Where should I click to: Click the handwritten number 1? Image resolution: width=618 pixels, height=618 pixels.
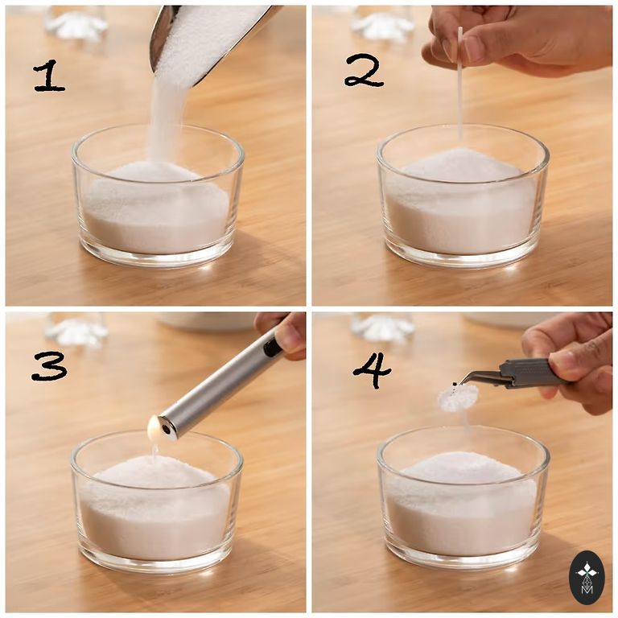pos(49,76)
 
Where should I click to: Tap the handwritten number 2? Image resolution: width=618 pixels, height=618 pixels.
pos(364,70)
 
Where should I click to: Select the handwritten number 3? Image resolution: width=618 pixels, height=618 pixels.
pos(49,367)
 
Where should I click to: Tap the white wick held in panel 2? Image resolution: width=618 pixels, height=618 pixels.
pos(460,83)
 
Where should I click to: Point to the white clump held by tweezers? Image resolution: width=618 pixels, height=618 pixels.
pos(458,395)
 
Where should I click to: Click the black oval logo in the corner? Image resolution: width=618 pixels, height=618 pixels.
pos(587,578)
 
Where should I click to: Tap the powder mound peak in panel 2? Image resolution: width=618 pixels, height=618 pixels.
pos(460,152)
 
